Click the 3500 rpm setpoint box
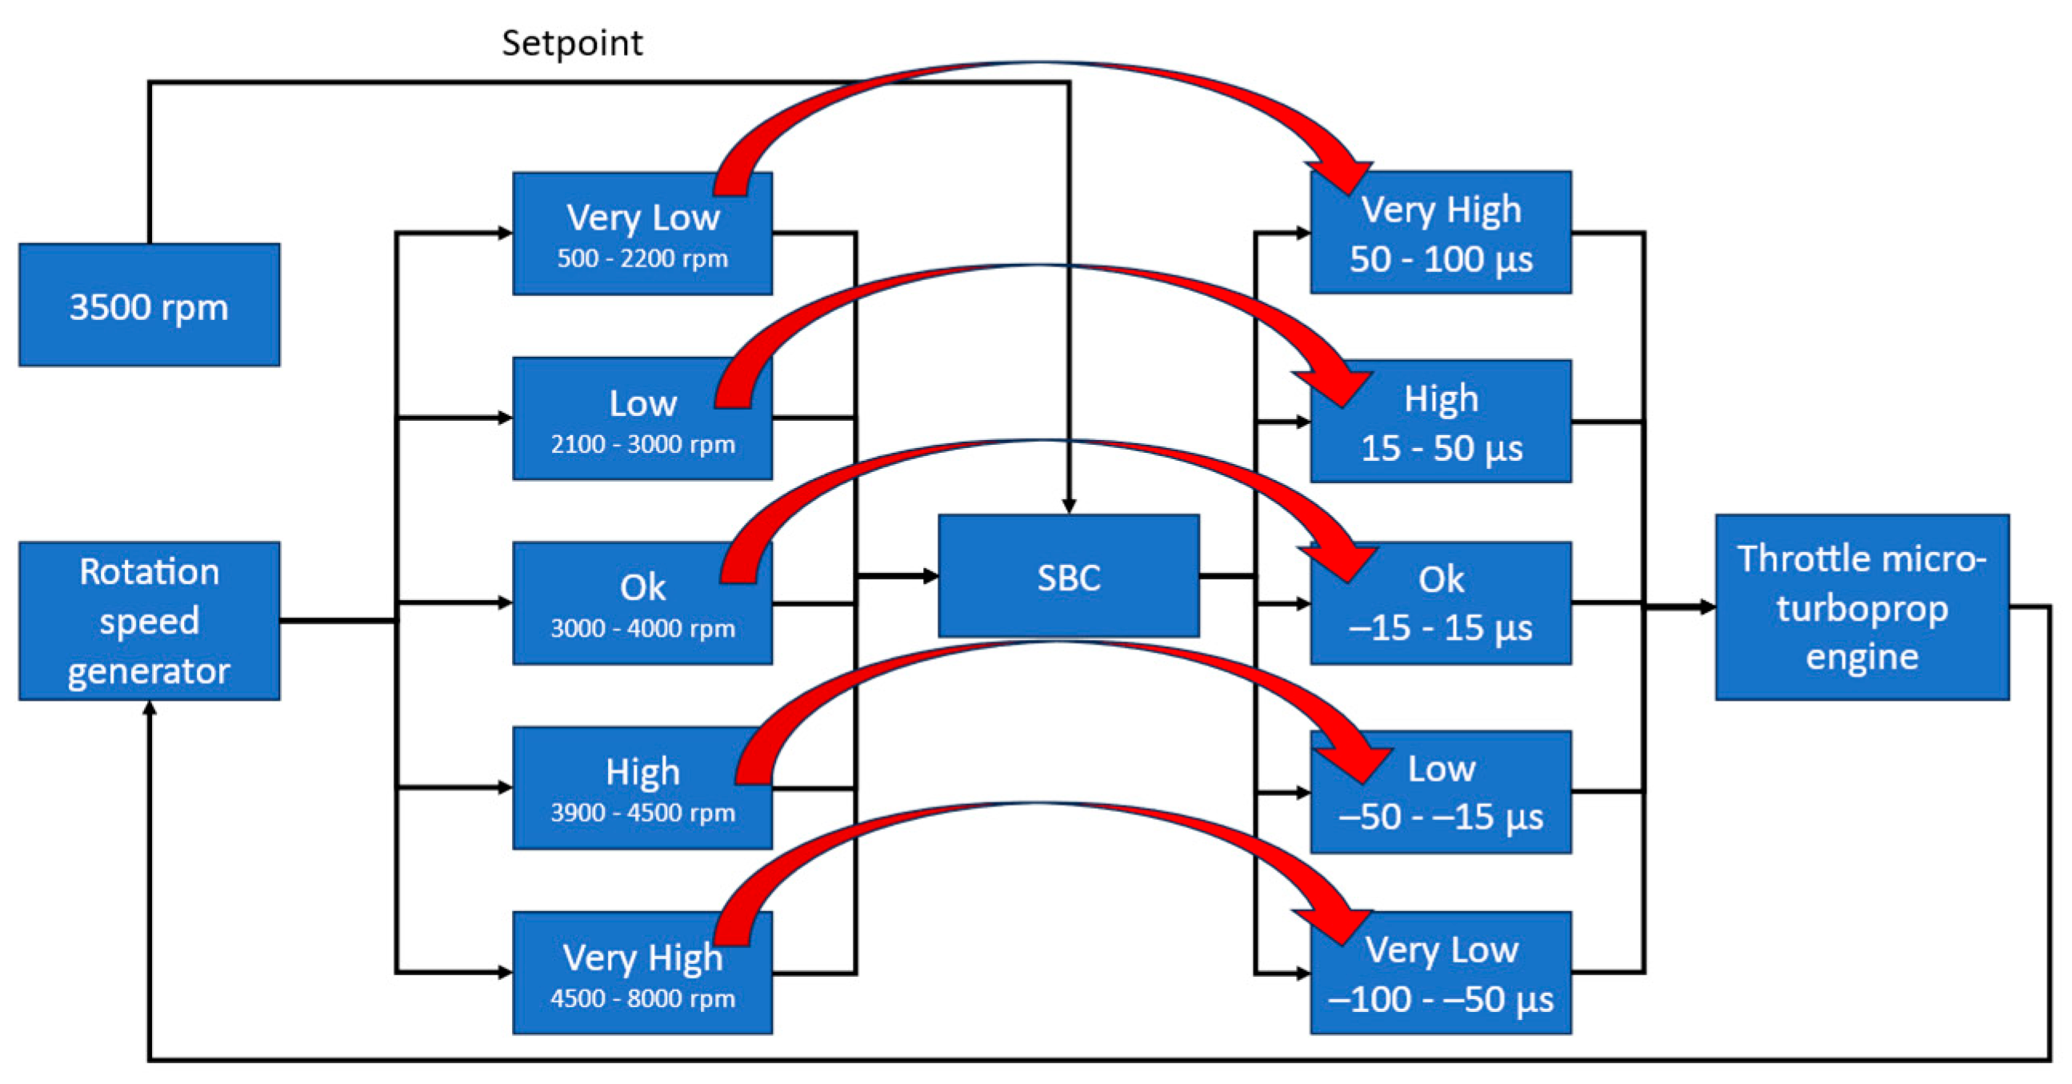coord(149,305)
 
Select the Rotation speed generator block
coord(149,620)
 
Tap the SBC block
coord(1068,576)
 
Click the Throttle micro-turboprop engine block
coord(1862,607)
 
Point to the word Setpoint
coord(572,42)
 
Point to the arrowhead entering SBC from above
coord(1068,506)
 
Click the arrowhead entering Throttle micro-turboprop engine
coord(1706,607)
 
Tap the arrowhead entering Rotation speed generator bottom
coord(149,709)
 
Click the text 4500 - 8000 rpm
coord(642,998)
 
